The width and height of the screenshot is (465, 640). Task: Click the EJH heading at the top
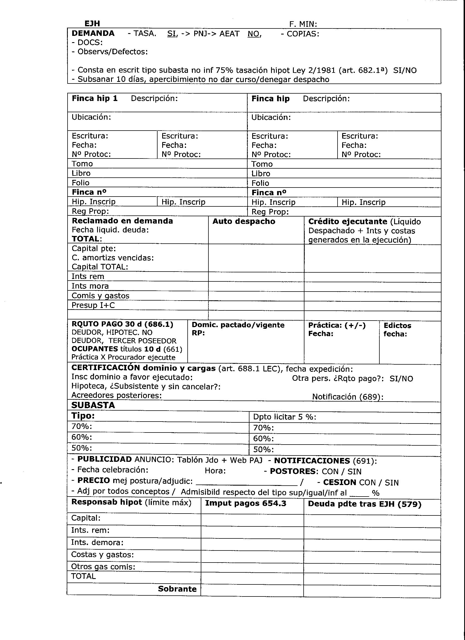tap(92, 24)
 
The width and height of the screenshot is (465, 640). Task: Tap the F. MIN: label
tap(303, 24)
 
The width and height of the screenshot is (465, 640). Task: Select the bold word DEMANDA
tap(93, 33)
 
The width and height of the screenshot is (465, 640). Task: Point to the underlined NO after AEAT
tap(254, 34)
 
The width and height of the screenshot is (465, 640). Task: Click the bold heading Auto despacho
tap(244, 221)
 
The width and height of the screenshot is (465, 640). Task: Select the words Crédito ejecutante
tap(348, 221)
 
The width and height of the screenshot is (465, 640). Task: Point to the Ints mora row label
tap(90, 286)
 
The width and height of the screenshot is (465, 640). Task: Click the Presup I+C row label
tap(93, 305)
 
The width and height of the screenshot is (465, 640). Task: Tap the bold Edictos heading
tap(397, 325)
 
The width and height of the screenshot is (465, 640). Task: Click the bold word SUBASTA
tap(93, 405)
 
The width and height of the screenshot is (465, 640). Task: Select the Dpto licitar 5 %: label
tap(284, 417)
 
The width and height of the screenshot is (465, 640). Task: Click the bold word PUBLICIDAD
tap(104, 459)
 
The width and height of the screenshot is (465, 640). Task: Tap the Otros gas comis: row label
tap(103, 566)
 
